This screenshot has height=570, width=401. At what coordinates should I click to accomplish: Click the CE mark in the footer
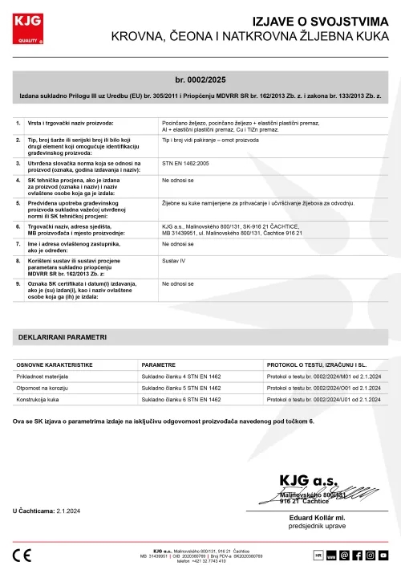point(23,555)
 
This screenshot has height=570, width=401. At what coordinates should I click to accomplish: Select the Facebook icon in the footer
point(358,555)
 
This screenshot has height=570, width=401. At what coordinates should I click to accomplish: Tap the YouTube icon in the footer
point(383,555)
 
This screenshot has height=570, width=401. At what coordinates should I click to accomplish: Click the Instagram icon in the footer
point(371,555)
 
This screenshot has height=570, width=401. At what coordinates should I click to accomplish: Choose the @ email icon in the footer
point(345,555)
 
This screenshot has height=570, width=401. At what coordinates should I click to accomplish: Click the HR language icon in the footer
point(318,555)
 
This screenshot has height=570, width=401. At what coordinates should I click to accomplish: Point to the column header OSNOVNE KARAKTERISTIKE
point(55,364)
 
